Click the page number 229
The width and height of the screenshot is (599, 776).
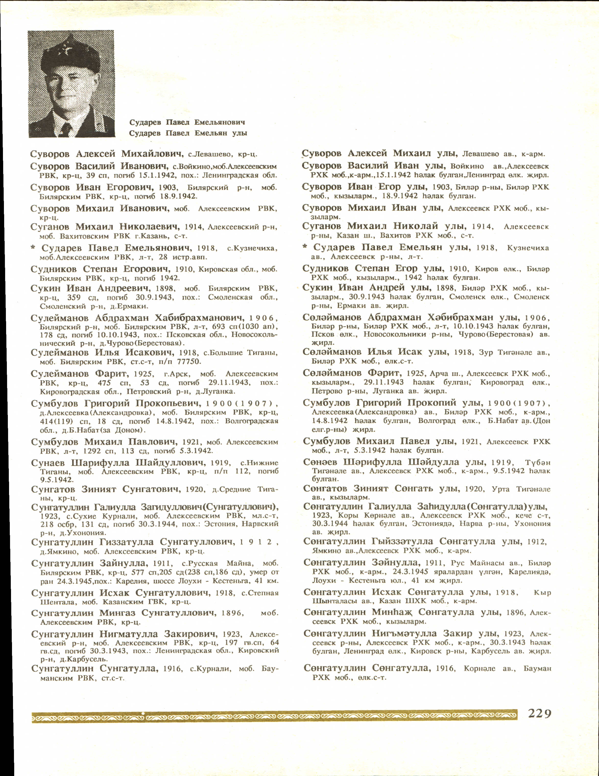pos(539,713)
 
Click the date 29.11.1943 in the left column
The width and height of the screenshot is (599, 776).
pos(229,383)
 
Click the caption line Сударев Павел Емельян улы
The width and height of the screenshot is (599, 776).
pos(188,133)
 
